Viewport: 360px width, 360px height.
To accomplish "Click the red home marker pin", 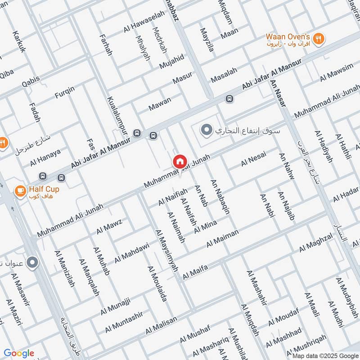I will click(180, 161).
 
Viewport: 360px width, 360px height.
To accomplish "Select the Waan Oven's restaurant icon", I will click(319, 39).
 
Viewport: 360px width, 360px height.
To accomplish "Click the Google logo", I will click(19, 353).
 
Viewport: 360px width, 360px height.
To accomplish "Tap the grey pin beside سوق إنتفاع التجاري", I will click(206, 131).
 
